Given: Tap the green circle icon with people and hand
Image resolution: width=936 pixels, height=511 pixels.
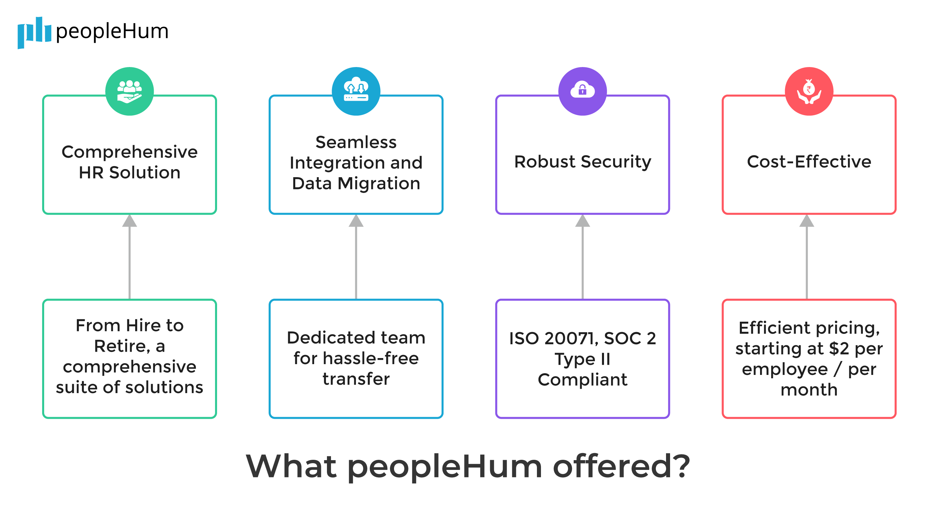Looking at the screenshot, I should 129,91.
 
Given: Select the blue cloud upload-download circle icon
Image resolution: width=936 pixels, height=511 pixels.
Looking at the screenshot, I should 356,91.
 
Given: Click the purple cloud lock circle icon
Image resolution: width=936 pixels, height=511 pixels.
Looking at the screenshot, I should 582,91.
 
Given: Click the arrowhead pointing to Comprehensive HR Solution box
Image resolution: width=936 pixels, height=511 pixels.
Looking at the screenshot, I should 129,221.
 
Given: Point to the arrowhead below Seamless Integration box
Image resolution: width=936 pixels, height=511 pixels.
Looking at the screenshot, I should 356,221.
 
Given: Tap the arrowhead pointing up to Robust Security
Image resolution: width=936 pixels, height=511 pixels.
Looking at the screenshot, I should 582,221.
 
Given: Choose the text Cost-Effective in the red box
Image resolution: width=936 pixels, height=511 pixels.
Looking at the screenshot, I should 809,162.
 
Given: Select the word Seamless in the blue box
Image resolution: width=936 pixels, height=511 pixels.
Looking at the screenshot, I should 356,142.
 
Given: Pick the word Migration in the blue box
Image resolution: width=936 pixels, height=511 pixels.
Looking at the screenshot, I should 379,183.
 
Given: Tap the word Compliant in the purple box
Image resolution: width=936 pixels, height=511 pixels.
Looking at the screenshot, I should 582,380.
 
